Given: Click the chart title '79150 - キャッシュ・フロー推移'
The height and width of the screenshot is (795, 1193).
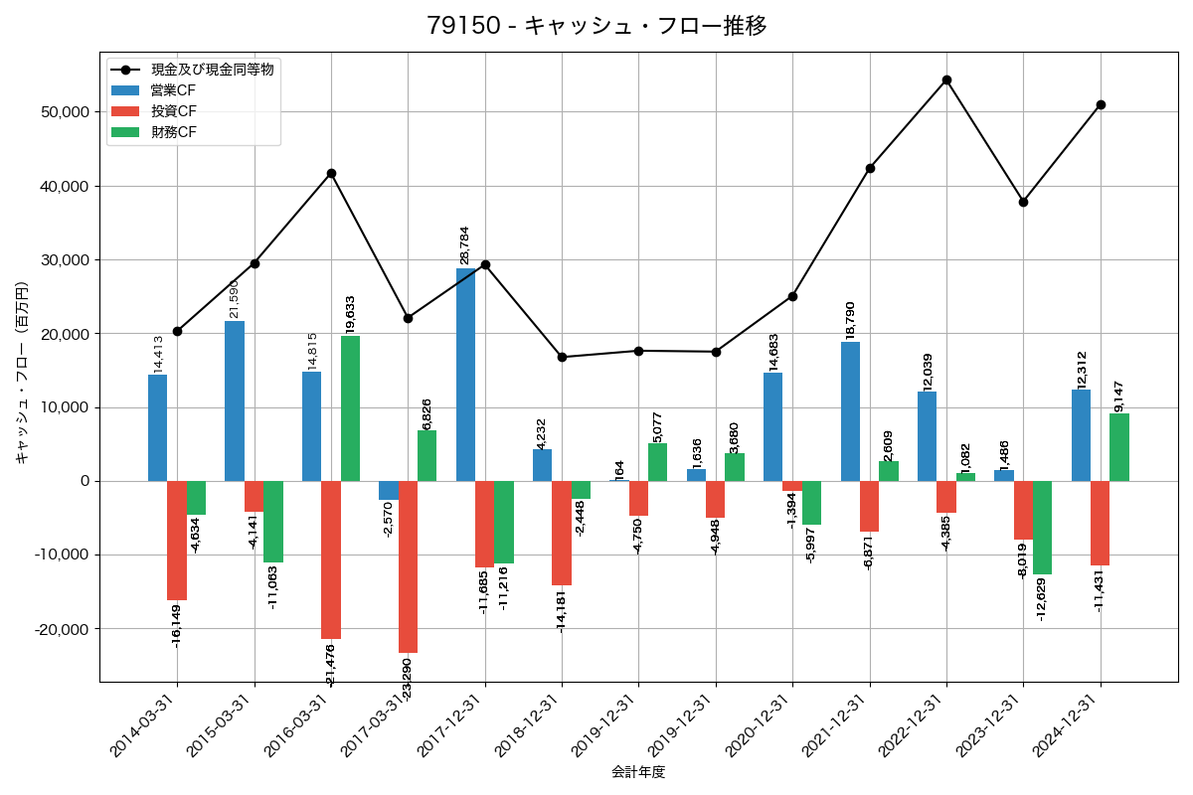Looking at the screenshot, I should pos(596,26).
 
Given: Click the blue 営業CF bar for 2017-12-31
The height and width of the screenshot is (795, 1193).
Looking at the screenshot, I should pos(465,375).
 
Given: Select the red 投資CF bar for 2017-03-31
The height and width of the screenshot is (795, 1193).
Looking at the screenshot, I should pos(408,566).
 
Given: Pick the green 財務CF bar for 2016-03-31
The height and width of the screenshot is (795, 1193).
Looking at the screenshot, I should pos(350,408).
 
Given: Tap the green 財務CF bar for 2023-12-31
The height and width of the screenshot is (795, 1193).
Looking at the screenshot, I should pos(1042,528).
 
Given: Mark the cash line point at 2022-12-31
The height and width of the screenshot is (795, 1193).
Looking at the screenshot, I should pos(946,79).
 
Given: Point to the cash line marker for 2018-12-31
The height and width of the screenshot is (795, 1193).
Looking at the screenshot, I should pos(562,357).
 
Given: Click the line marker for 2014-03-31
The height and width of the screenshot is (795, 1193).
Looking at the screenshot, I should pos(177,331).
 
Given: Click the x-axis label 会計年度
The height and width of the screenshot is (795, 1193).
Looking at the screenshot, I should pos(638,772).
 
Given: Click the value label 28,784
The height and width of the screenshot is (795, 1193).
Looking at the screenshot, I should pos(464,244).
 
